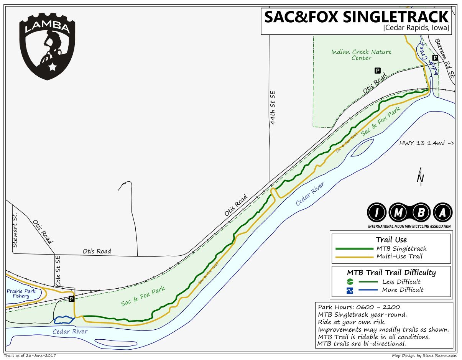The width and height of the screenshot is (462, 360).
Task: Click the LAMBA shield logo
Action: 47,45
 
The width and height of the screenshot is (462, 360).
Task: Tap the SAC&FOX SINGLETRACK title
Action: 357,17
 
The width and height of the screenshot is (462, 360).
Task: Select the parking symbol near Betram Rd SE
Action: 435,58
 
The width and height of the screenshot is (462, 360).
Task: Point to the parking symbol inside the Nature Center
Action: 377,71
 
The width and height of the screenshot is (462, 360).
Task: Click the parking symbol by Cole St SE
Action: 71,299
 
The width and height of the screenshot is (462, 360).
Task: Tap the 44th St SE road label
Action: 273,108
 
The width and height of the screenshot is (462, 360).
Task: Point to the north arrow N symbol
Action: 421,177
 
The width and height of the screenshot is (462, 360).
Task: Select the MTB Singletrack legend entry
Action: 401,249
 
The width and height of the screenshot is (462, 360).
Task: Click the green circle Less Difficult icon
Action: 350,282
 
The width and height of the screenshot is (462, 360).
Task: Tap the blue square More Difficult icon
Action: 350,290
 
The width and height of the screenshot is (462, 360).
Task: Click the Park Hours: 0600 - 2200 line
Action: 359,307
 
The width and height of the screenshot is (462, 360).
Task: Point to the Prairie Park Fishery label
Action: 21,293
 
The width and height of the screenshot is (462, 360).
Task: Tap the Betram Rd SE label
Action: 445,58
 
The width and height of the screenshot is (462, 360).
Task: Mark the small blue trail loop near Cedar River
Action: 64,319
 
